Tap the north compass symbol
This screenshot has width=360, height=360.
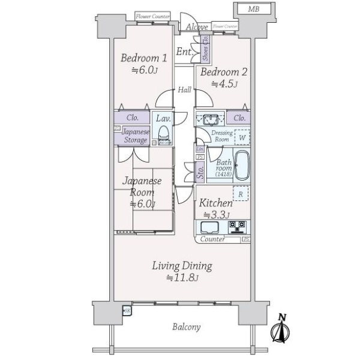[x=281, y=329]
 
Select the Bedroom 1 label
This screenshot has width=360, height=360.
[x=143, y=59]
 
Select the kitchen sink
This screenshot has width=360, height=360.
[x=211, y=227]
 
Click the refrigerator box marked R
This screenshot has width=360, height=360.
[x=241, y=194]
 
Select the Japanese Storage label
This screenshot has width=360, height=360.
[x=135, y=136]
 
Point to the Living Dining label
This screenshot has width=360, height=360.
[x=181, y=266]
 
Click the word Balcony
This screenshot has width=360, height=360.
[x=186, y=328]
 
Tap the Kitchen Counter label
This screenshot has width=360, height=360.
[x=212, y=239]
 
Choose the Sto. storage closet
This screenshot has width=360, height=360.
[x=200, y=173]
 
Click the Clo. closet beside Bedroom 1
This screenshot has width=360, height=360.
[x=133, y=118]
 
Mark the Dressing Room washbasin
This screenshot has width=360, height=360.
[x=211, y=118]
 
